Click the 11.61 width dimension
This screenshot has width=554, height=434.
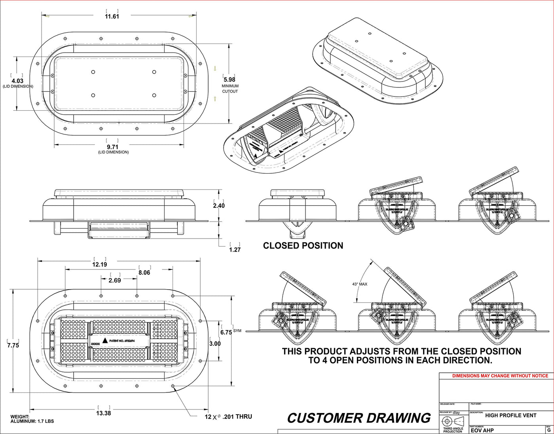pyautogui.click(x=112, y=16)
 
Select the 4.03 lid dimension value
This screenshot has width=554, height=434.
pyautogui.click(x=17, y=81)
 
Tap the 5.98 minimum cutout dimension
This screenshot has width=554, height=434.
pyautogui.click(x=230, y=80)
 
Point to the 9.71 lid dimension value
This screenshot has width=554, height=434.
pyautogui.click(x=112, y=147)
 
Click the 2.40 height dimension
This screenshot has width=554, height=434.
pyautogui.click(x=219, y=205)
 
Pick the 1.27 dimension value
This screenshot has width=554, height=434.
pyautogui.click(x=235, y=250)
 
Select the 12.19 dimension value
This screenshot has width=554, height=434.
pyautogui.click(x=99, y=264)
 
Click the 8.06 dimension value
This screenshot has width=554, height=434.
pyautogui.click(x=144, y=273)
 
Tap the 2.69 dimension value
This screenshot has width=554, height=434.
pyautogui.click(x=115, y=280)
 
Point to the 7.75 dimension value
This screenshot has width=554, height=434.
pyautogui.click(x=13, y=345)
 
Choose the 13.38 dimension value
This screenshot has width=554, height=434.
pyautogui.click(x=103, y=413)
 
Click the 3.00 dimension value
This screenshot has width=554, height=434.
pyautogui.click(x=215, y=343)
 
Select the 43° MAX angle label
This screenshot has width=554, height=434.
pyautogui.click(x=360, y=284)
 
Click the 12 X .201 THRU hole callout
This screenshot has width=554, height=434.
pyautogui.click(x=228, y=417)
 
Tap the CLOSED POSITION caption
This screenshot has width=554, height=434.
pyautogui.click(x=303, y=246)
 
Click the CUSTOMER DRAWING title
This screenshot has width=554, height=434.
pyautogui.click(x=359, y=418)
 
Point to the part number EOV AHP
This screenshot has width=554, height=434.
pyautogui.click(x=482, y=430)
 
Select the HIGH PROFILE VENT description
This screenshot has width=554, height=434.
pyautogui.click(x=510, y=415)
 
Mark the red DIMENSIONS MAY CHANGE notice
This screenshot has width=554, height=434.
pyautogui.click(x=500, y=376)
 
